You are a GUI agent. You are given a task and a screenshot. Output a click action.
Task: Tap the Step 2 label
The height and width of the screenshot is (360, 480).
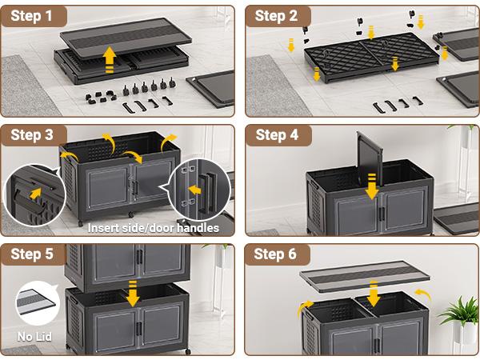(x=277, y=15)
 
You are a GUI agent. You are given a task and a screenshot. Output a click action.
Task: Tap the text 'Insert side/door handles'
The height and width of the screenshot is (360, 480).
(x=153, y=228)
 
